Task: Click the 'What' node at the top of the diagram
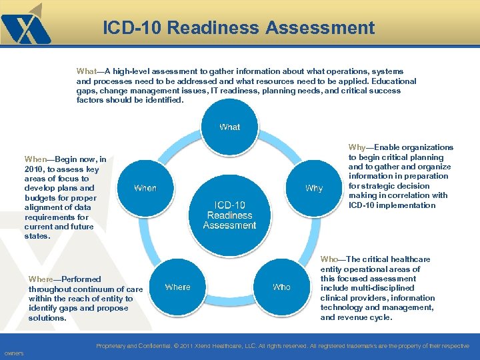229,127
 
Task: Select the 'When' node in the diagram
145,188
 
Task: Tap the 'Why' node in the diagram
314,188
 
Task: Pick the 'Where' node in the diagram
177,287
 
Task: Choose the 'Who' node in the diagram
281,287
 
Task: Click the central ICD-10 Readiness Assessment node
229,215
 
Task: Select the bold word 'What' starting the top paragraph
87,71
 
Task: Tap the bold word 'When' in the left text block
35,159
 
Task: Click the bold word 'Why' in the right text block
357,147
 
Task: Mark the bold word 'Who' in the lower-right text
329,259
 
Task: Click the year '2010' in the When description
34,169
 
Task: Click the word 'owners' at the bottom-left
14,353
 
